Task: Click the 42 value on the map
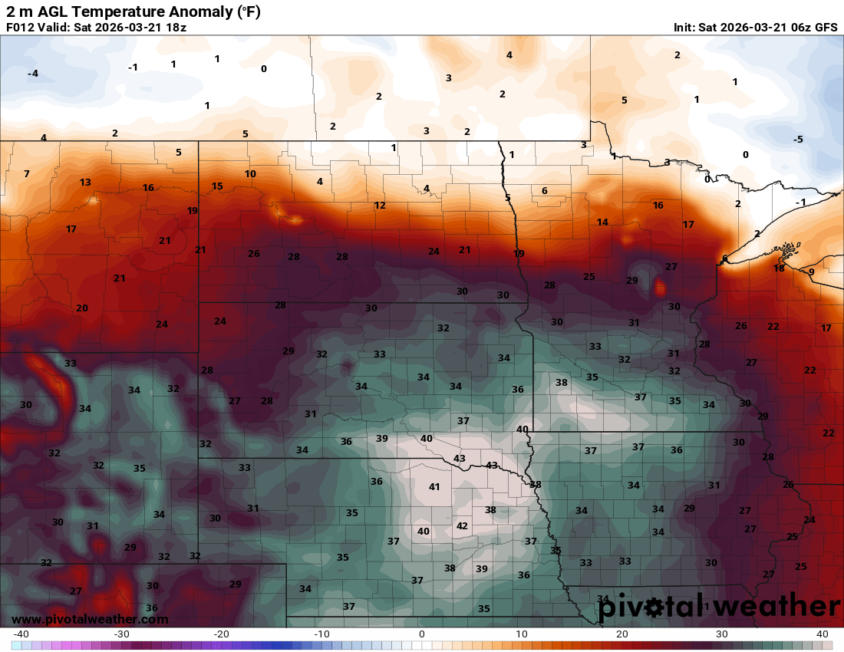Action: pyautogui.click(x=462, y=525)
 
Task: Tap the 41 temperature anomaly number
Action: pyautogui.click(x=434, y=486)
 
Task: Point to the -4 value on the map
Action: pyautogui.click(x=32, y=73)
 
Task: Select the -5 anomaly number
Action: pyautogui.click(x=798, y=139)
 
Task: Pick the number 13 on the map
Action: pyautogui.click(x=85, y=182)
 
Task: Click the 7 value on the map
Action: pyautogui.click(x=26, y=173)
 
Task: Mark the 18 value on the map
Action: pyautogui.click(x=779, y=268)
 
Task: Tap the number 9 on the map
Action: pyautogui.click(x=811, y=272)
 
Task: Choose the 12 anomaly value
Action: pyautogui.click(x=380, y=205)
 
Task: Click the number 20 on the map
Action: pyautogui.click(x=82, y=308)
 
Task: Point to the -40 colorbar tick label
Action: pyautogui.click(x=21, y=634)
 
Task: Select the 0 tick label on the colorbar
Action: pyautogui.click(x=421, y=634)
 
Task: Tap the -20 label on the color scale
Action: pyautogui.click(x=221, y=634)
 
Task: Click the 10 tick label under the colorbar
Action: pyautogui.click(x=522, y=634)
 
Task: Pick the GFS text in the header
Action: pyautogui.click(x=826, y=27)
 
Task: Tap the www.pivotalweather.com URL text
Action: pyautogui.click(x=90, y=619)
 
